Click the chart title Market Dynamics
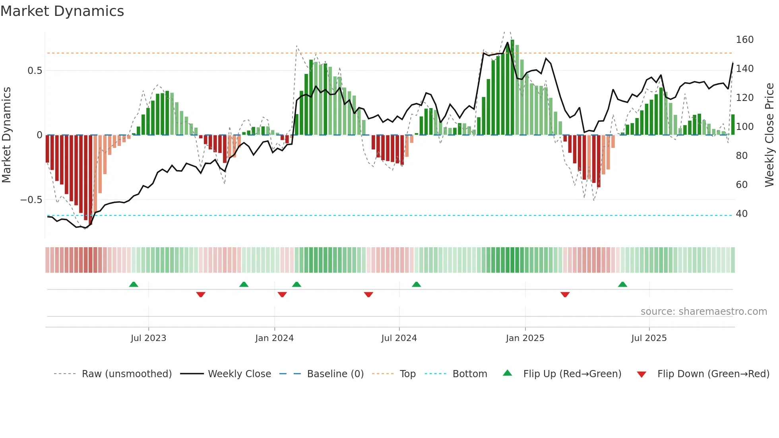coord(62,11)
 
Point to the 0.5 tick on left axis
coord(35,71)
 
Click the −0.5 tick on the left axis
coord(31,200)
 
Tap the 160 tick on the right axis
coord(744,40)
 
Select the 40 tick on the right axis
coord(742,214)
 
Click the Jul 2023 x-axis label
coord(148,338)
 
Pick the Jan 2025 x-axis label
coord(525,338)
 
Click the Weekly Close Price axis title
coord(769,135)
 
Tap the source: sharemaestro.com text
coord(703,312)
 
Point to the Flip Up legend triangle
coord(508,373)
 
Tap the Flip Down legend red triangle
coord(641,374)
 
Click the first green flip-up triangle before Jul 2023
coord(134,285)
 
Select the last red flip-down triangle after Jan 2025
coord(565,295)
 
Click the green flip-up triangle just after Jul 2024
coord(416,285)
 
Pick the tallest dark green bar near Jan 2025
coord(512,87)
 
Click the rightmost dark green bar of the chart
coord(733,125)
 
